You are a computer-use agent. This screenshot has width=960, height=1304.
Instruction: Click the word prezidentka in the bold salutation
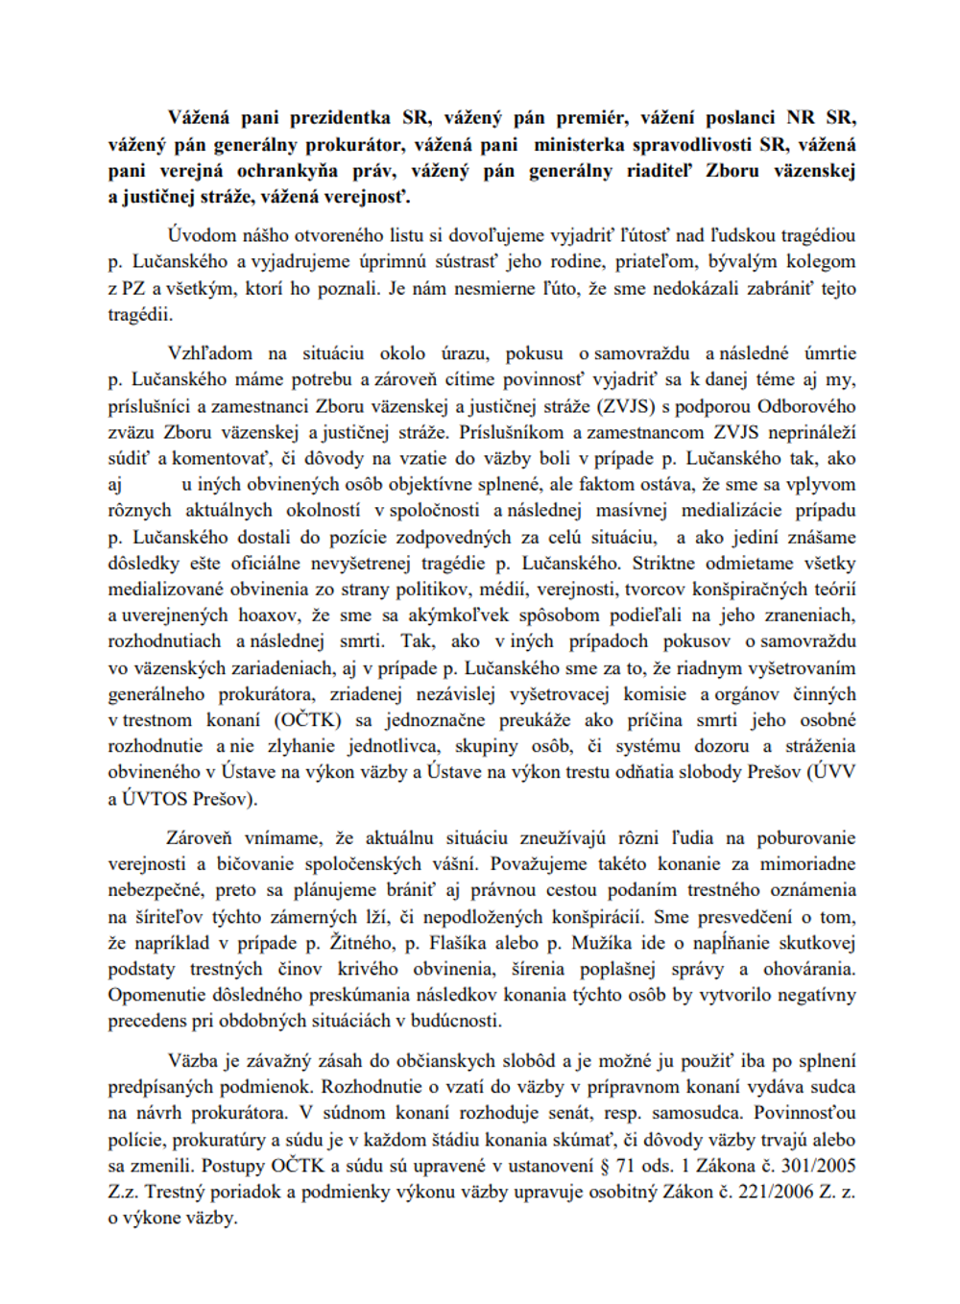340,118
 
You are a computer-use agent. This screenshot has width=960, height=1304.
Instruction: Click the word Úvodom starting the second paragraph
200,235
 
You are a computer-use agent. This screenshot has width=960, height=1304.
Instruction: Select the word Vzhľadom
210,353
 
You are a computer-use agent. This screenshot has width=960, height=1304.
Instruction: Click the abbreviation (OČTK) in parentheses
307,720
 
